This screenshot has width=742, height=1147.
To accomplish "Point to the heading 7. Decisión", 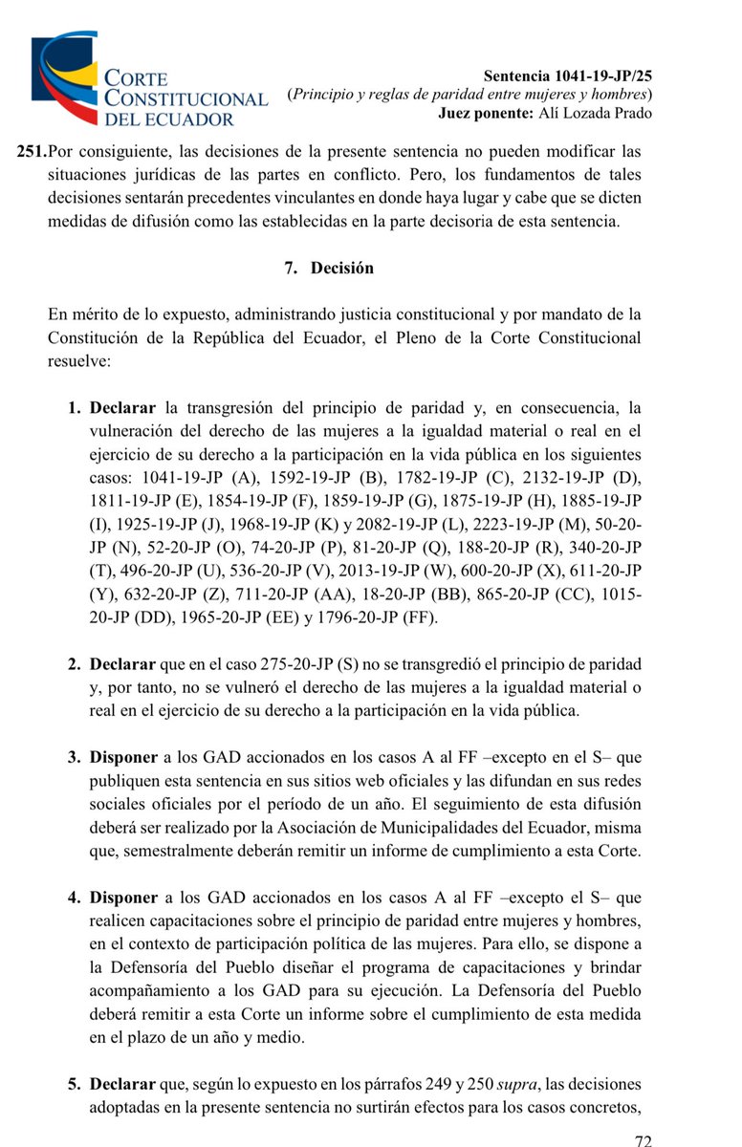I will (x=328, y=269).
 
